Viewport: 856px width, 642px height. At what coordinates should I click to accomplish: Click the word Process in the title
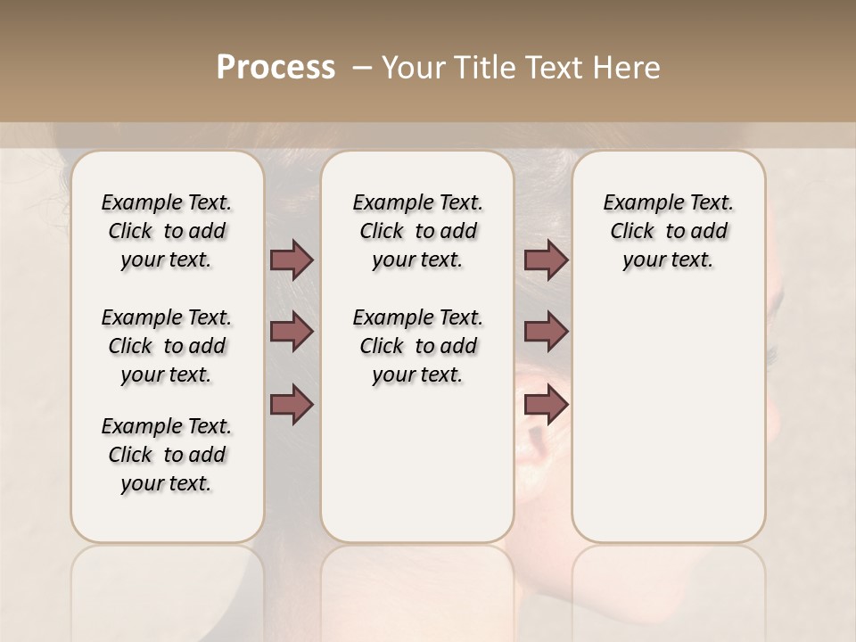click(276, 68)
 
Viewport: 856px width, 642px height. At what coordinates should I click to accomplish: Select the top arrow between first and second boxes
click(292, 259)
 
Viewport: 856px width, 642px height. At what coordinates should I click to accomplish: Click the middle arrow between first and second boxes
click(292, 332)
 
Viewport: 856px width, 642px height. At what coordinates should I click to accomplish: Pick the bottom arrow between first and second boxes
click(292, 404)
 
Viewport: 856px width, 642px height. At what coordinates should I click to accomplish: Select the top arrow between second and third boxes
click(546, 259)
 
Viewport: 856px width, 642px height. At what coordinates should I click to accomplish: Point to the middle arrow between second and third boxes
click(546, 332)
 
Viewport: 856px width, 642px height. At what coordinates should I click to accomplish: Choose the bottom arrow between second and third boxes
click(546, 404)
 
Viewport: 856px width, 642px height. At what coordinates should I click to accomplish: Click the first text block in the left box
click(167, 231)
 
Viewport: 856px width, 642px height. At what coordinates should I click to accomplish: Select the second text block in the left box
click(167, 346)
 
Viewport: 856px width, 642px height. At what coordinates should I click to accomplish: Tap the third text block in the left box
click(167, 455)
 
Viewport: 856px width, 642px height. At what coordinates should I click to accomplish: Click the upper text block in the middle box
click(417, 231)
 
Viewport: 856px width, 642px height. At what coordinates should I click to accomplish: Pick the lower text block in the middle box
click(417, 346)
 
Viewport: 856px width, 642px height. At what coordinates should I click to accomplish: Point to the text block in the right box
click(668, 231)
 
